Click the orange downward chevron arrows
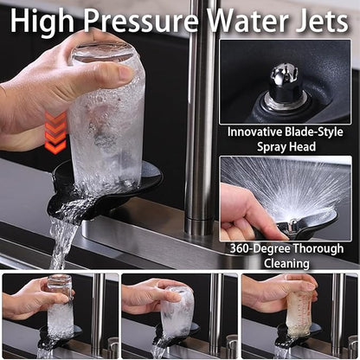coord(55,132)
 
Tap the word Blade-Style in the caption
coord(314,132)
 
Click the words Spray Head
coord(286,147)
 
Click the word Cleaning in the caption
coord(286,263)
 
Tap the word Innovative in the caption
coord(254,132)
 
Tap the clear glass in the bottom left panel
coord(60,306)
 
